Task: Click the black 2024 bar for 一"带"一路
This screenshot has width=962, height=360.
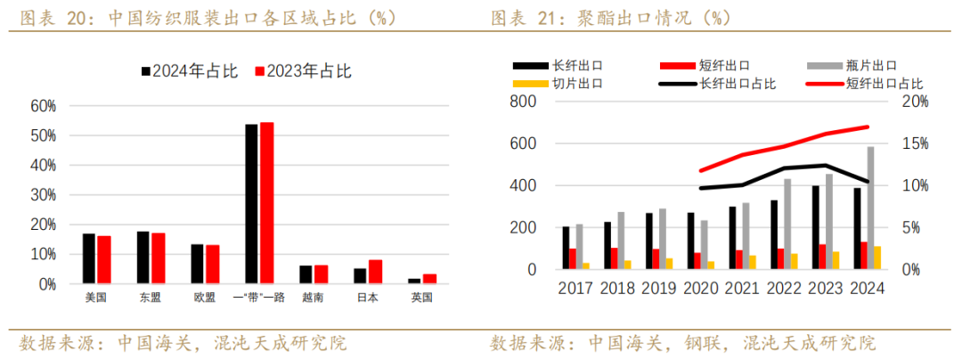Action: click(251, 203)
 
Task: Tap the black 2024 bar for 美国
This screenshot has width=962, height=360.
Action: click(88, 258)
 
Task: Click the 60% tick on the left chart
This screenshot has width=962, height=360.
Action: click(43, 106)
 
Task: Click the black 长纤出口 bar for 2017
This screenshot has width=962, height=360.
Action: click(566, 248)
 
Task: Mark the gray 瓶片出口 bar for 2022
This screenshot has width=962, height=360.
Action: click(787, 224)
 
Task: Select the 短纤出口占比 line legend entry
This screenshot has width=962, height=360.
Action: click(864, 84)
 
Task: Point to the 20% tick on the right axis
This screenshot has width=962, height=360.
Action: click(914, 102)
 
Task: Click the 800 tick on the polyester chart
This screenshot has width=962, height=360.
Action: click(522, 102)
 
